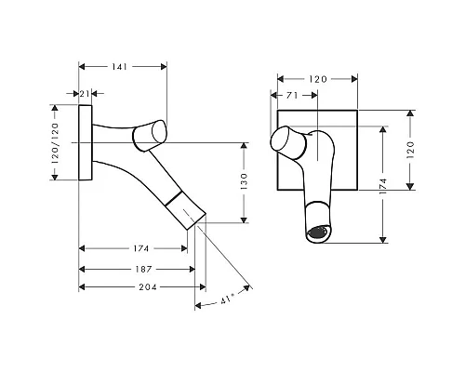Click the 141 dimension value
(x=119, y=67)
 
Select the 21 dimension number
(x=85, y=94)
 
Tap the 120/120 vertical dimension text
(x=55, y=143)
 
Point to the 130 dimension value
(x=244, y=181)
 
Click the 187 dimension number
(x=143, y=269)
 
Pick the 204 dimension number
(x=148, y=287)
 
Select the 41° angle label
(x=227, y=299)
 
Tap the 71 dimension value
(x=292, y=96)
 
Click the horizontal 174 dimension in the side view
(x=141, y=248)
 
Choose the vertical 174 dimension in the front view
(x=383, y=186)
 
